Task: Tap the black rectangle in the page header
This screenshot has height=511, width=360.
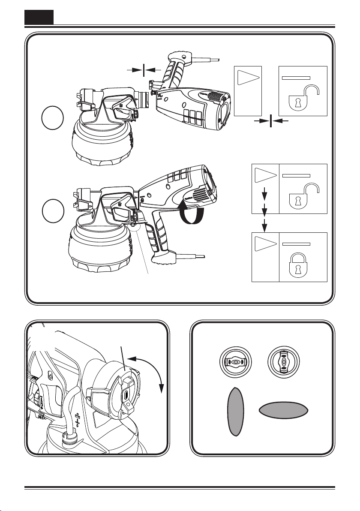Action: click(x=39, y=17)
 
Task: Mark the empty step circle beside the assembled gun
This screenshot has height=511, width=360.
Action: click(x=54, y=210)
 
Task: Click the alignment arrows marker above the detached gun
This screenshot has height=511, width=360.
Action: click(x=144, y=69)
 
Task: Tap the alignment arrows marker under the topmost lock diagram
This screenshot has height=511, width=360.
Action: click(x=271, y=122)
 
